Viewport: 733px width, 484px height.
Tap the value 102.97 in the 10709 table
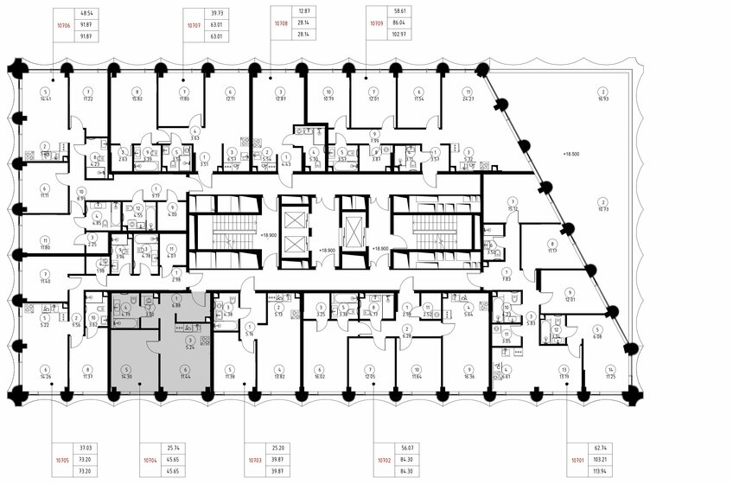click(x=398, y=38)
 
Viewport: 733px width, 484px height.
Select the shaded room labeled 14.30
click(x=127, y=373)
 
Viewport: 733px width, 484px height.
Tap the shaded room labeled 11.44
click(x=183, y=373)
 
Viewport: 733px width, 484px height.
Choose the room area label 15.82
click(x=137, y=99)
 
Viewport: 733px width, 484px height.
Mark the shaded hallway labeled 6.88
click(x=175, y=305)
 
